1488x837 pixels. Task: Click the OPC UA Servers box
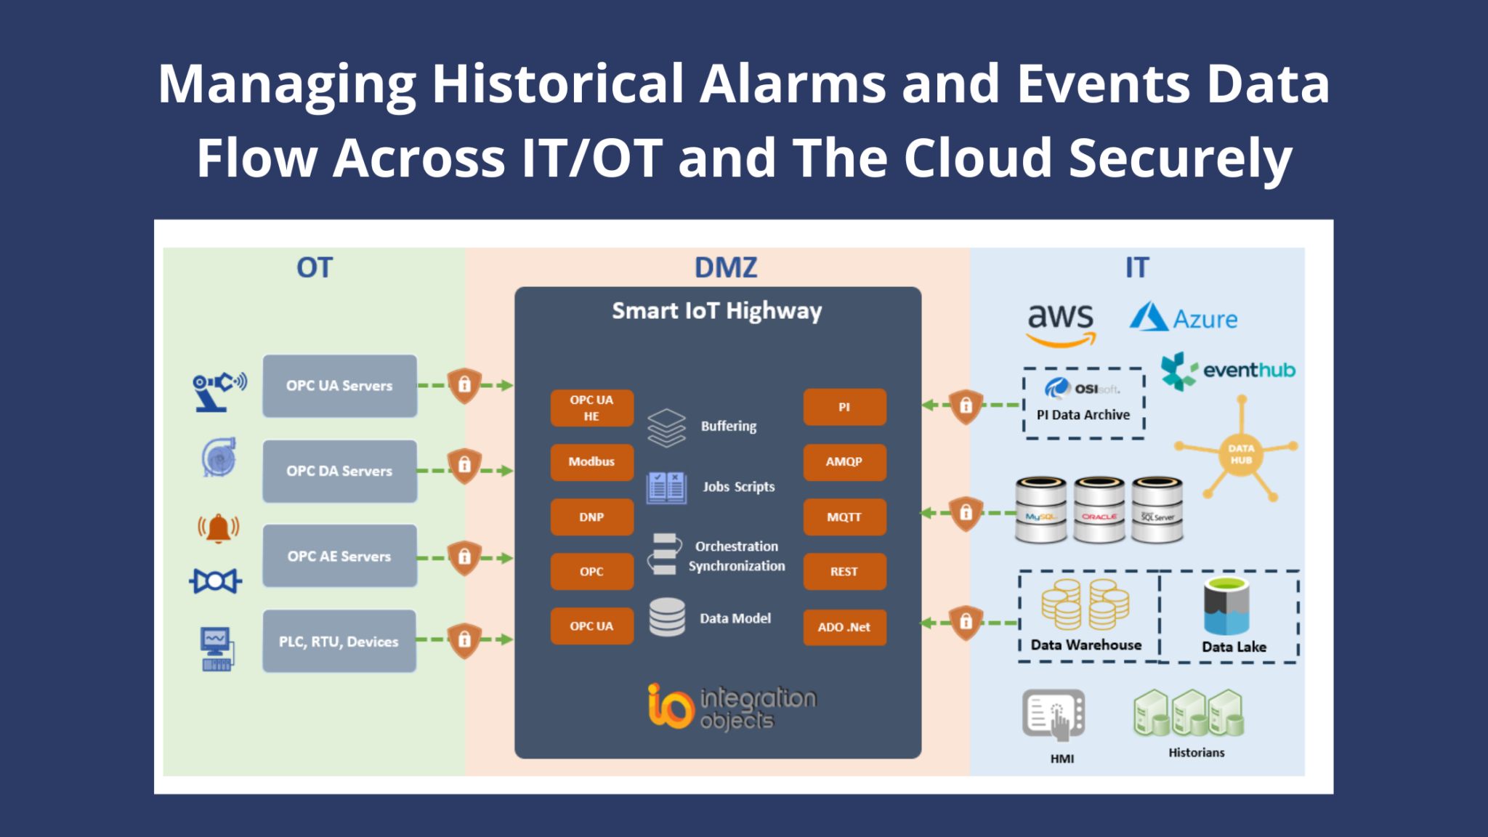tap(339, 386)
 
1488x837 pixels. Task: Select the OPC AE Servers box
tap(339, 557)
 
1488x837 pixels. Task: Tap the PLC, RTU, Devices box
tap(339, 642)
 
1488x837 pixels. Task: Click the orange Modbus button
tap(591, 462)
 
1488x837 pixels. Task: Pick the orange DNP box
tap(591, 517)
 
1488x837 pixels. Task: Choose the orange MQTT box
tap(844, 517)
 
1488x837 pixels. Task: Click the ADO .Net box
tap(844, 627)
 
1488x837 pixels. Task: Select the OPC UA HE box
tap(591, 408)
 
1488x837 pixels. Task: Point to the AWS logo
tap(1060, 324)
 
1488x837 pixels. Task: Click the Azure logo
tap(1184, 318)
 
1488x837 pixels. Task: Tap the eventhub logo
tap(1228, 371)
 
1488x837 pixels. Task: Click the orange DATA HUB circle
tap(1241, 454)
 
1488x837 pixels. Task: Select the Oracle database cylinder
tap(1099, 510)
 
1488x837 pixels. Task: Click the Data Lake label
tap(1234, 647)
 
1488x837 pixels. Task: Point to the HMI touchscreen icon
tap(1054, 715)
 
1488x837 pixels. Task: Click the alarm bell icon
tap(218, 528)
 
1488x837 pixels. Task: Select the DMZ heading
tap(725, 267)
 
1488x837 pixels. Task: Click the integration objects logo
tap(732, 706)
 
